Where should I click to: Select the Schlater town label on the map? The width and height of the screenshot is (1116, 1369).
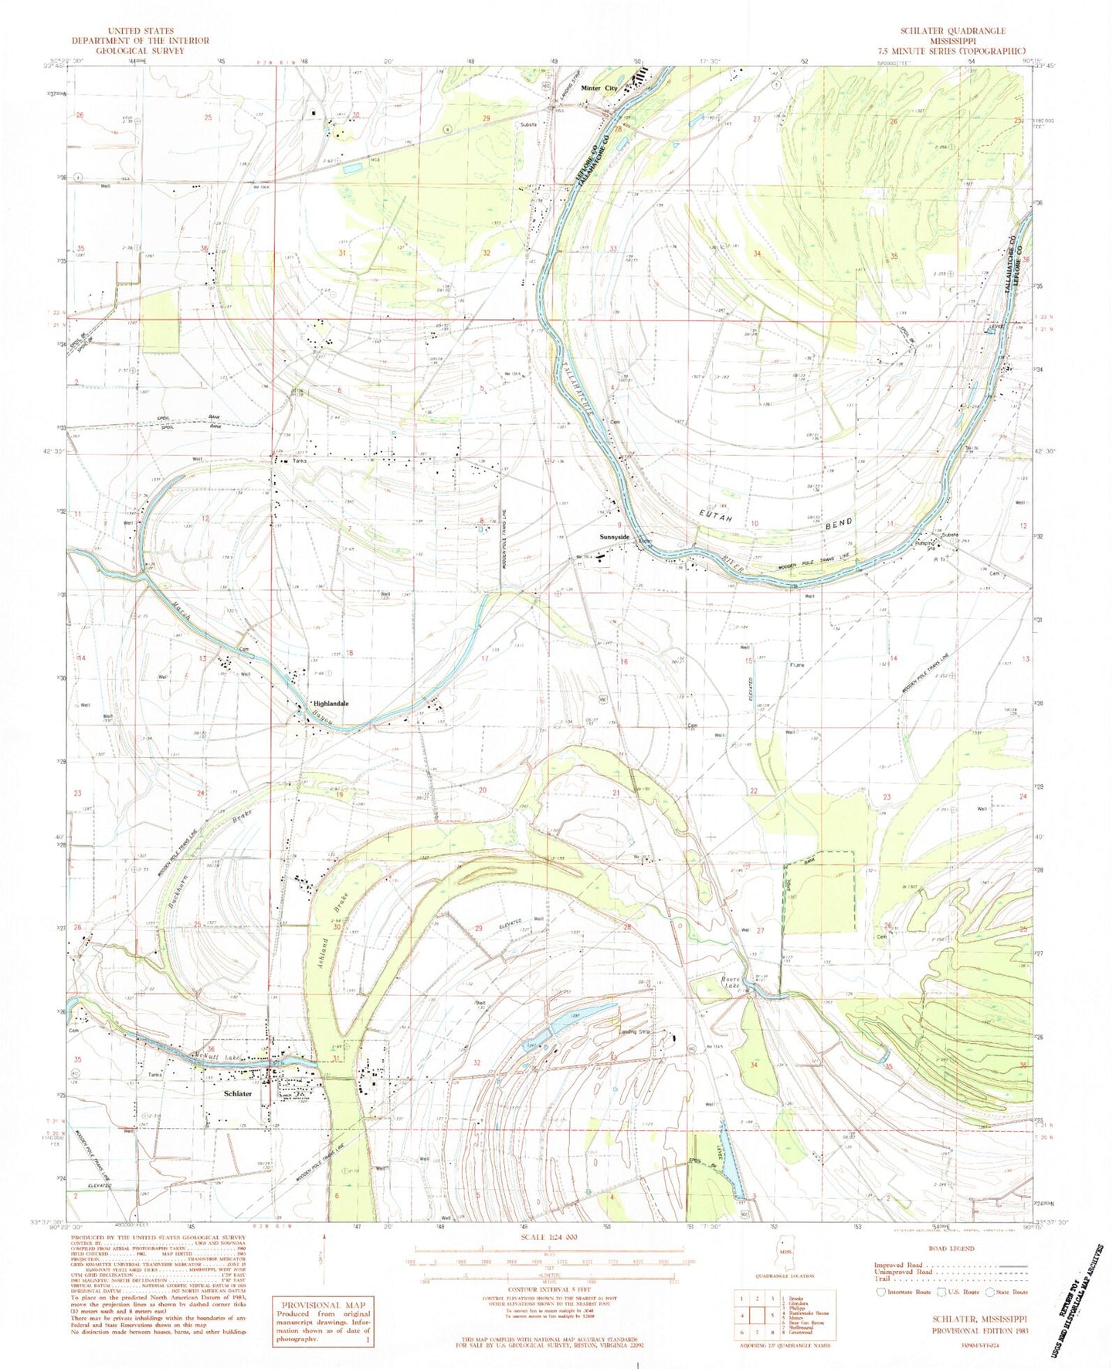coord(239,1094)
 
